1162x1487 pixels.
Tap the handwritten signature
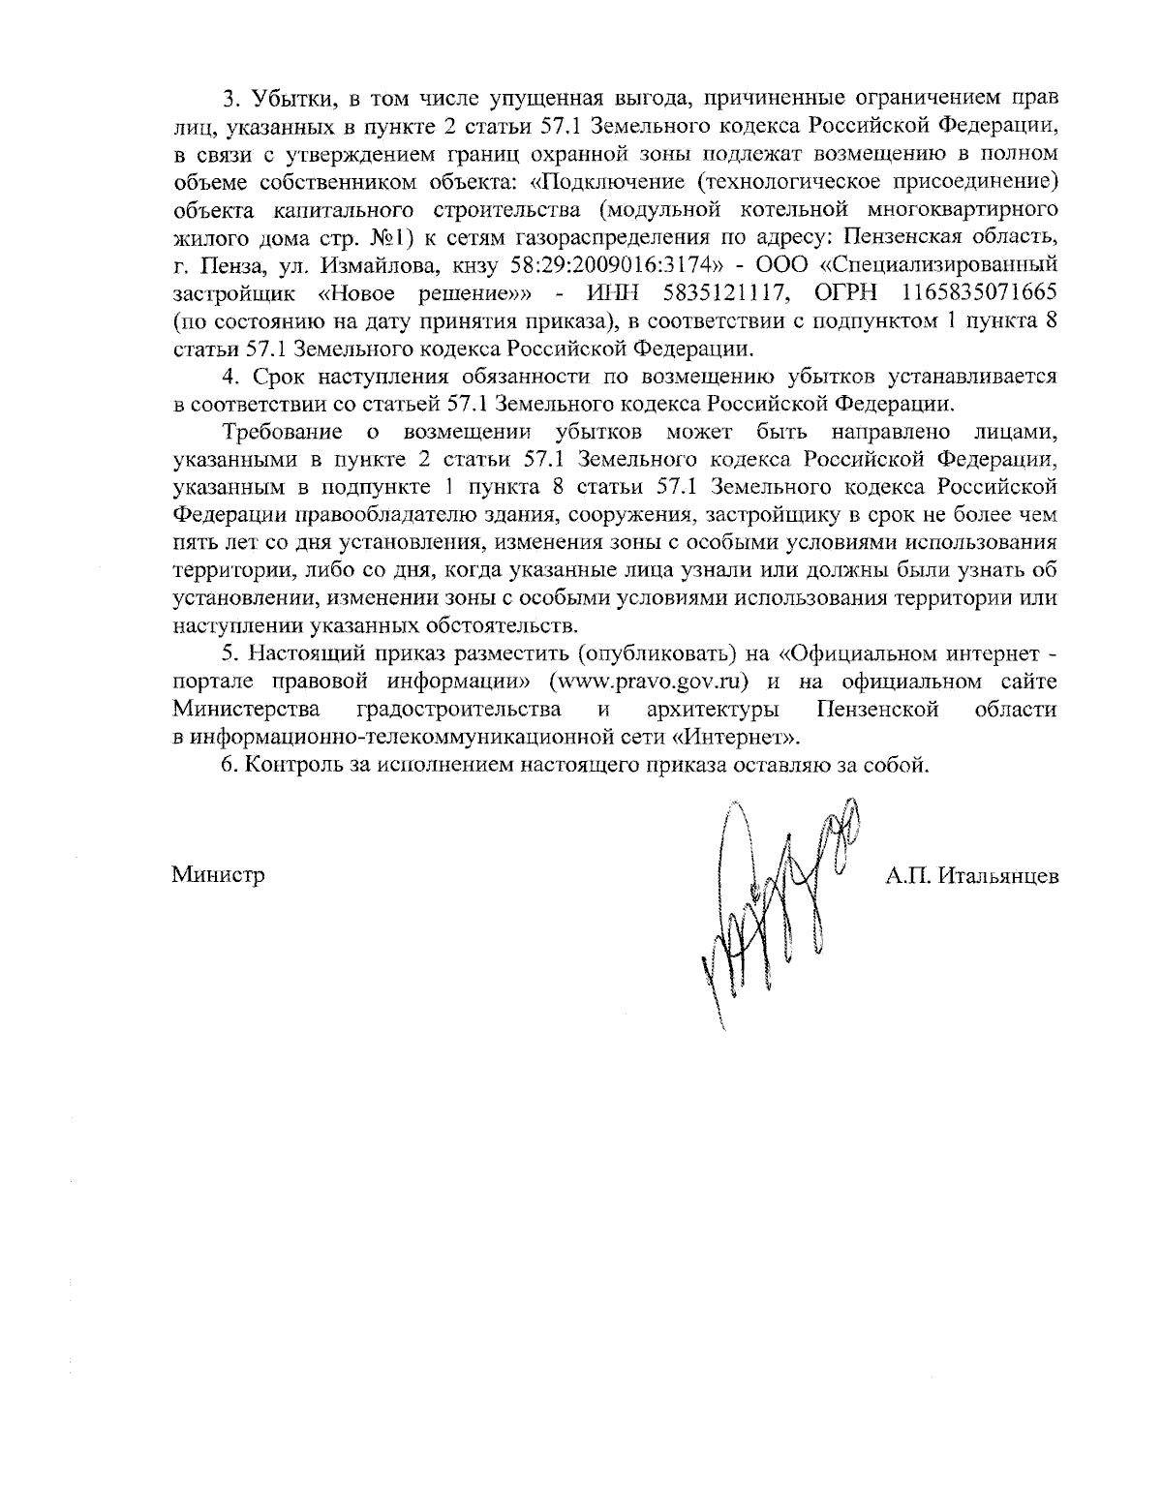(x=775, y=900)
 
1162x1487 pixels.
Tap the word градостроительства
(x=459, y=710)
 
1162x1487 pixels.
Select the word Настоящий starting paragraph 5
(x=306, y=654)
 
